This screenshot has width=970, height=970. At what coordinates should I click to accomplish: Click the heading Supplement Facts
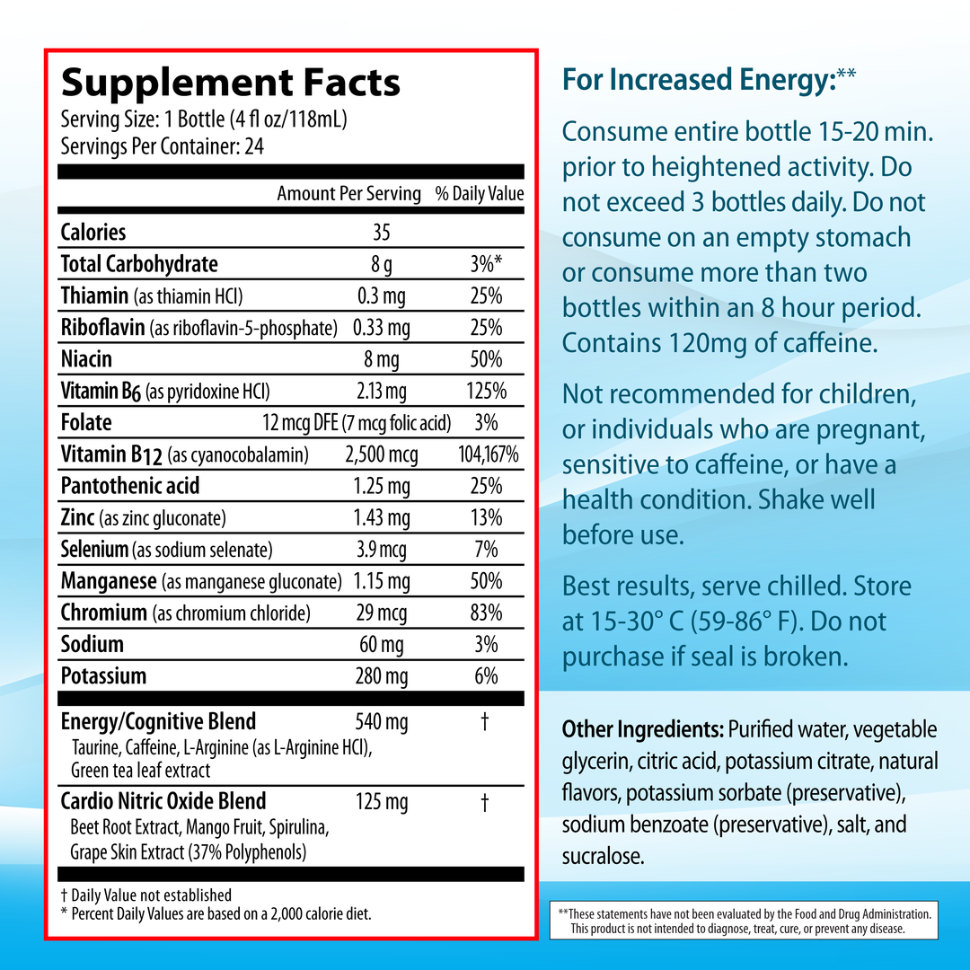[x=230, y=83]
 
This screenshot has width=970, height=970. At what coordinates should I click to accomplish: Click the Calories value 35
[x=382, y=233]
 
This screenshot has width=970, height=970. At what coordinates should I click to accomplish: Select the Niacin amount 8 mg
[x=382, y=360]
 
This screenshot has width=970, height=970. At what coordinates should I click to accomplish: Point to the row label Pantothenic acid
[x=130, y=487]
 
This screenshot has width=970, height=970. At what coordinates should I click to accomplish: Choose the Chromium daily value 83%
[x=486, y=613]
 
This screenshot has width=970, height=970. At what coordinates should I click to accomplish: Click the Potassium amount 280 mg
[x=382, y=676]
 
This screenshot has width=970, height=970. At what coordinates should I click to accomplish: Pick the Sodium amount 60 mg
[x=382, y=645]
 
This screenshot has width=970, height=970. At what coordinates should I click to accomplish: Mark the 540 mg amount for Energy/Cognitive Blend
[x=382, y=722]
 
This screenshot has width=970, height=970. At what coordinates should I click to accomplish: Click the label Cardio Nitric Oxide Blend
[x=163, y=801]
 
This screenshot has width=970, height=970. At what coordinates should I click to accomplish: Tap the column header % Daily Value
[x=480, y=194]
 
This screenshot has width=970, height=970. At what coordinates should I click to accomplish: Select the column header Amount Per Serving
[x=348, y=194]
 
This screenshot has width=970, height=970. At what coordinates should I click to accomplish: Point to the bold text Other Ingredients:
[x=642, y=728]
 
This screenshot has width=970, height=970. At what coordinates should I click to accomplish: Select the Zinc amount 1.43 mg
[x=382, y=518]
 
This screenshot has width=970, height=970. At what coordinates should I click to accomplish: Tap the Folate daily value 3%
[x=486, y=423]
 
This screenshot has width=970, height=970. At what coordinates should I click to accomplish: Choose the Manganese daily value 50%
[x=486, y=582]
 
